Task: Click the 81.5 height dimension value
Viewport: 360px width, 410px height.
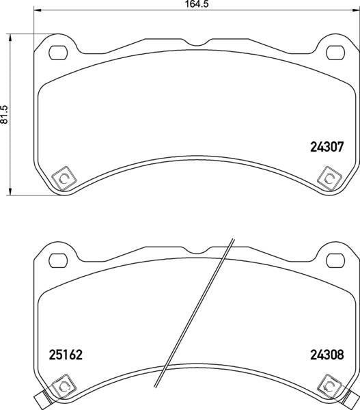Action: pyautogui.click(x=5, y=115)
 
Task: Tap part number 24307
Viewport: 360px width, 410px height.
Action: pyautogui.click(x=327, y=147)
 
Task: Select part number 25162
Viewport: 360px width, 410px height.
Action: pyautogui.click(x=66, y=355)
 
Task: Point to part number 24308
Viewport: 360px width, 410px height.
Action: pyautogui.click(x=327, y=355)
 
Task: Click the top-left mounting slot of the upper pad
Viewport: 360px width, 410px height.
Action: pyautogui.click(x=58, y=53)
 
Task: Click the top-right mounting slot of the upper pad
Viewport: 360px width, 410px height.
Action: pyautogui.click(x=335, y=53)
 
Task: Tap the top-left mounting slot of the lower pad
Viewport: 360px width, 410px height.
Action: pyautogui.click(x=58, y=260)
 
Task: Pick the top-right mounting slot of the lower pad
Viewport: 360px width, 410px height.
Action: pyautogui.click(x=335, y=260)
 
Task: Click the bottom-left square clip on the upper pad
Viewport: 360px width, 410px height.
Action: pyautogui.click(x=64, y=178)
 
